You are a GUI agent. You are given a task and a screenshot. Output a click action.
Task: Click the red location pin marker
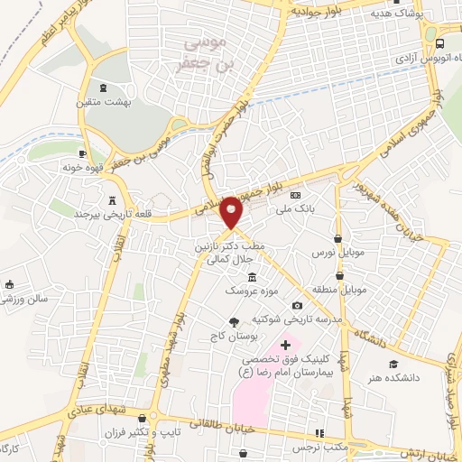click(232, 213)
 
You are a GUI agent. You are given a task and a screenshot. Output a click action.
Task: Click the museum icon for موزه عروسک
click(250, 277)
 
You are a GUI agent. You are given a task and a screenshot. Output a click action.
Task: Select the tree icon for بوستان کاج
click(236, 322)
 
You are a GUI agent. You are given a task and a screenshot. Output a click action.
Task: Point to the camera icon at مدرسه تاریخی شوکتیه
click(297, 306)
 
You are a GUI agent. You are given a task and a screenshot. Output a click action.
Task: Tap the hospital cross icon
click(286, 345)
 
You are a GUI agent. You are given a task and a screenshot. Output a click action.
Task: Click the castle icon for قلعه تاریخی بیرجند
click(113, 200)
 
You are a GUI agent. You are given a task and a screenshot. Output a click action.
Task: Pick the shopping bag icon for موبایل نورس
click(337, 239)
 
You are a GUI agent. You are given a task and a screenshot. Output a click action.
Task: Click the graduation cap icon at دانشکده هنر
click(393, 364)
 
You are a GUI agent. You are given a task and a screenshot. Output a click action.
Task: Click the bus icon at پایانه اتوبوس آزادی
click(439, 42)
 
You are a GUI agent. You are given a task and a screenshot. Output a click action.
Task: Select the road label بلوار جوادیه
click(315, 12)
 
